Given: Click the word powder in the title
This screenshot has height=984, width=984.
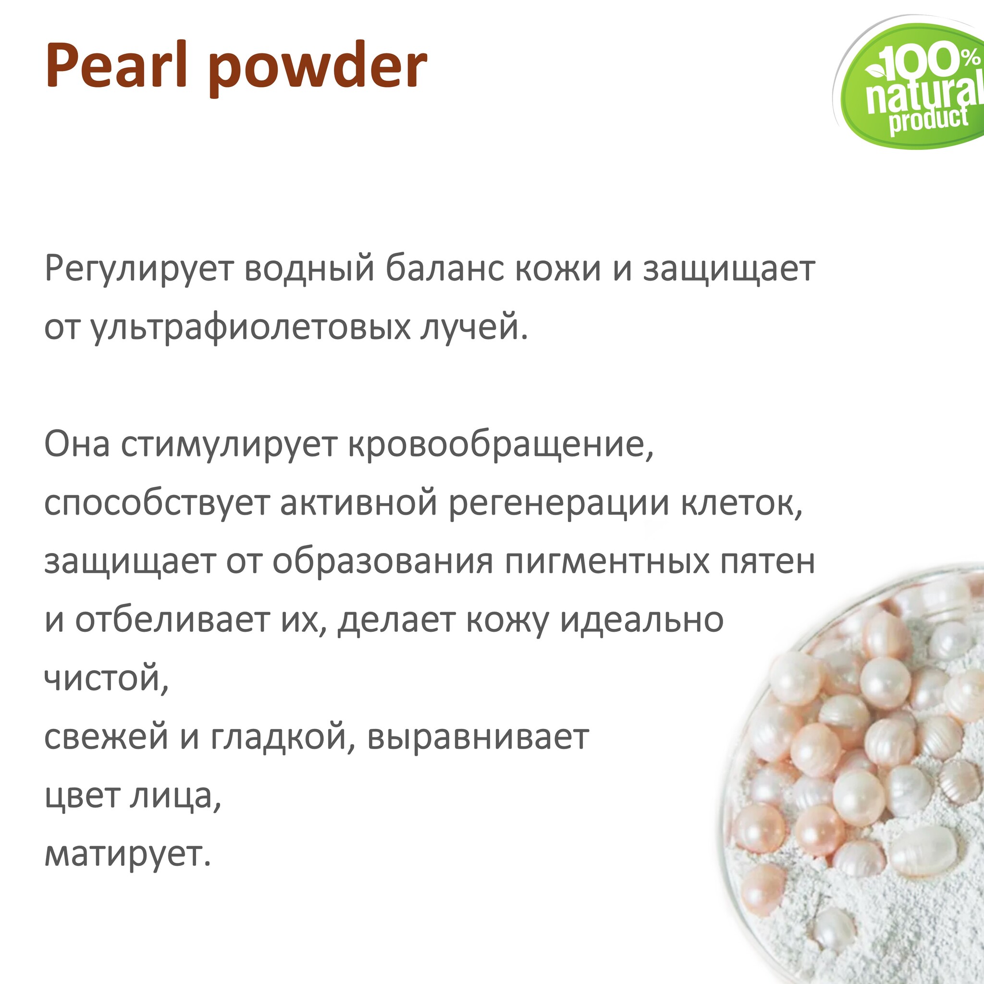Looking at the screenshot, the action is point(317,69).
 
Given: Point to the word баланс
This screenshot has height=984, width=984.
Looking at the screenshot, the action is point(443,269).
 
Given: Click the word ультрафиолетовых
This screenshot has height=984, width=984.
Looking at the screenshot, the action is point(250,328).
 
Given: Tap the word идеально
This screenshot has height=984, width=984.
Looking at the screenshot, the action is point(642,620).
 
